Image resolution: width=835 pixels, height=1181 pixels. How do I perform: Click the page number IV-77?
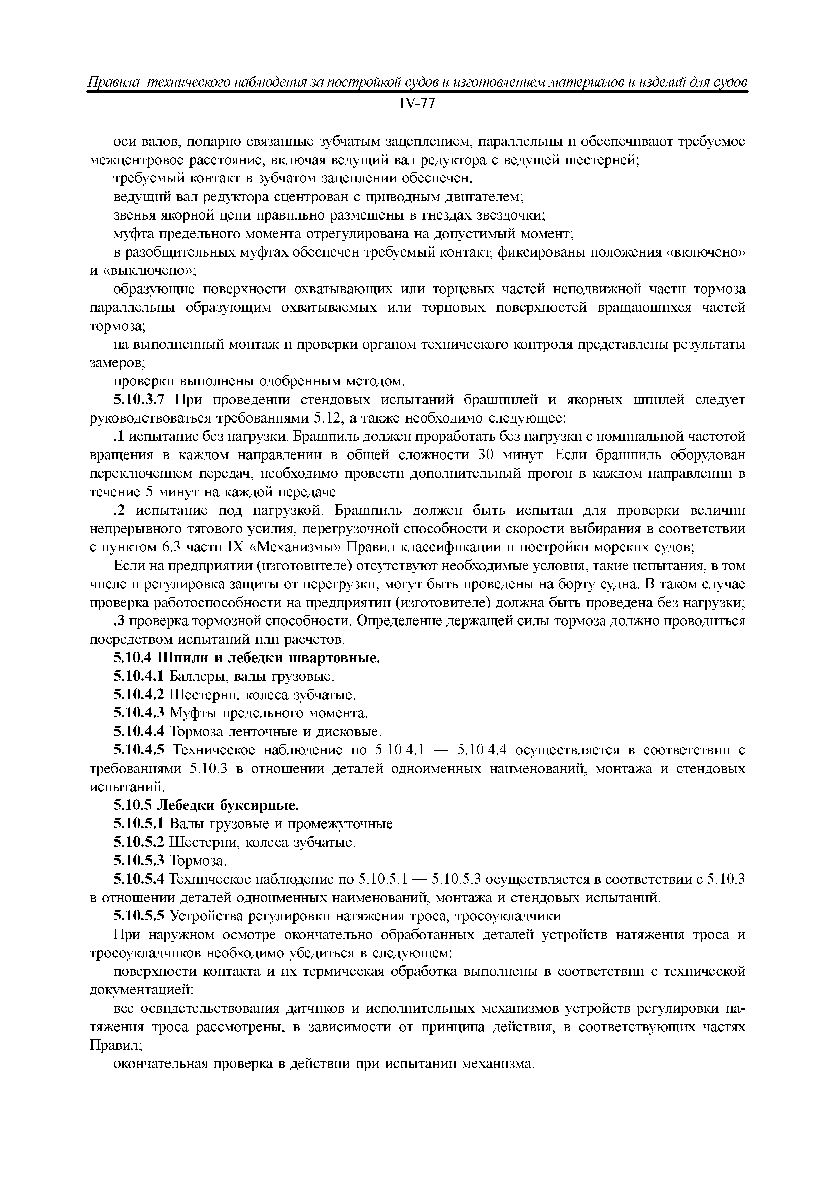[417, 104]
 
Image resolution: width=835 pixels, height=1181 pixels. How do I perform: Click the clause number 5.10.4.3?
[138, 713]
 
